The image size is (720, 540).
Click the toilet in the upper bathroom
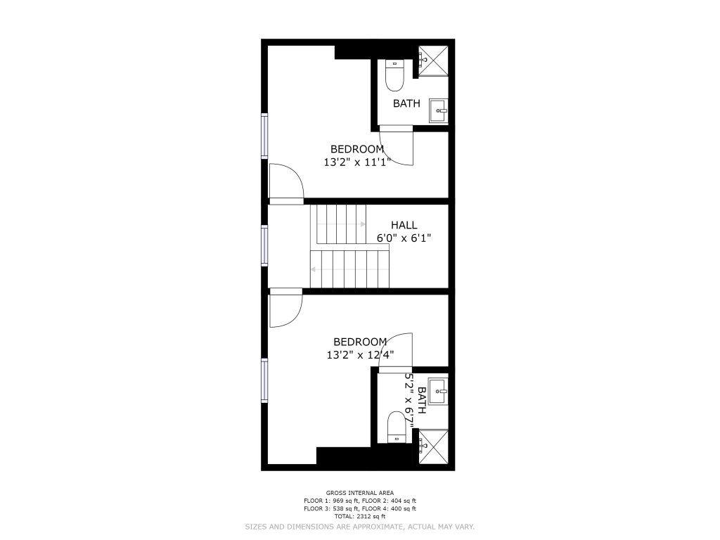pyautogui.click(x=394, y=75)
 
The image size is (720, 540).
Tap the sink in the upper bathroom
pyautogui.click(x=438, y=110)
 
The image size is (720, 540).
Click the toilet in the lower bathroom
pyautogui.click(x=397, y=427)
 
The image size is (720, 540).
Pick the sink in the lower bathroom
pyautogui.click(x=438, y=391)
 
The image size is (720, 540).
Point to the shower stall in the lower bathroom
pyautogui.click(x=433, y=445)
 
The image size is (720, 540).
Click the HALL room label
pyautogui.click(x=404, y=225)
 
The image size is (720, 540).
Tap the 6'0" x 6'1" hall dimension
pyautogui.click(x=404, y=238)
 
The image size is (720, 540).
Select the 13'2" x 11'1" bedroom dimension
pyautogui.click(x=357, y=162)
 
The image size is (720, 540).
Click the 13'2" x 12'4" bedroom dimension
pyautogui.click(x=361, y=355)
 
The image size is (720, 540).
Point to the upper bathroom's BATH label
pyautogui.click(x=406, y=103)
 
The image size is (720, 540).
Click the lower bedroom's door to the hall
pyautogui.click(x=285, y=308)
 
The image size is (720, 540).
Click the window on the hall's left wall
pyautogui.click(x=265, y=245)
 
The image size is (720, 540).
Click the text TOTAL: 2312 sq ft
pyautogui.click(x=360, y=517)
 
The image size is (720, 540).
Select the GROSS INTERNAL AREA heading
pyautogui.click(x=360, y=493)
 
